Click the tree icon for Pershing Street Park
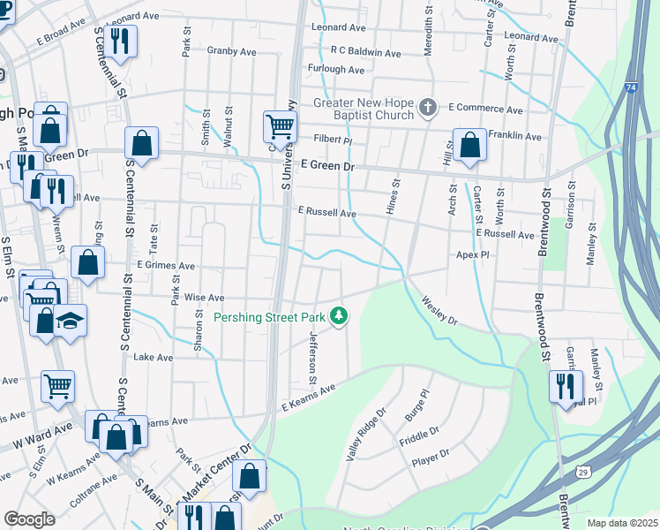pyautogui.click(x=339, y=315)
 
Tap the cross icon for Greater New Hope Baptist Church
pyautogui.click(x=428, y=108)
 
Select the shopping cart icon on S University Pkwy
pyautogui.click(x=280, y=125)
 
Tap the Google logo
pyautogui.click(x=29, y=519)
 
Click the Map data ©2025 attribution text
pyautogui.click(x=622, y=523)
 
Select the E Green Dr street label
pyautogui.click(x=326, y=165)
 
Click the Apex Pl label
pyautogui.click(x=472, y=254)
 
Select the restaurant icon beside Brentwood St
pyautogui.click(x=564, y=385)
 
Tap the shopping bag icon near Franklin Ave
pyautogui.click(x=469, y=145)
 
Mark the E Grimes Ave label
pyautogui.click(x=165, y=265)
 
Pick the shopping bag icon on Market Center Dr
pyautogui.click(x=250, y=475)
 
